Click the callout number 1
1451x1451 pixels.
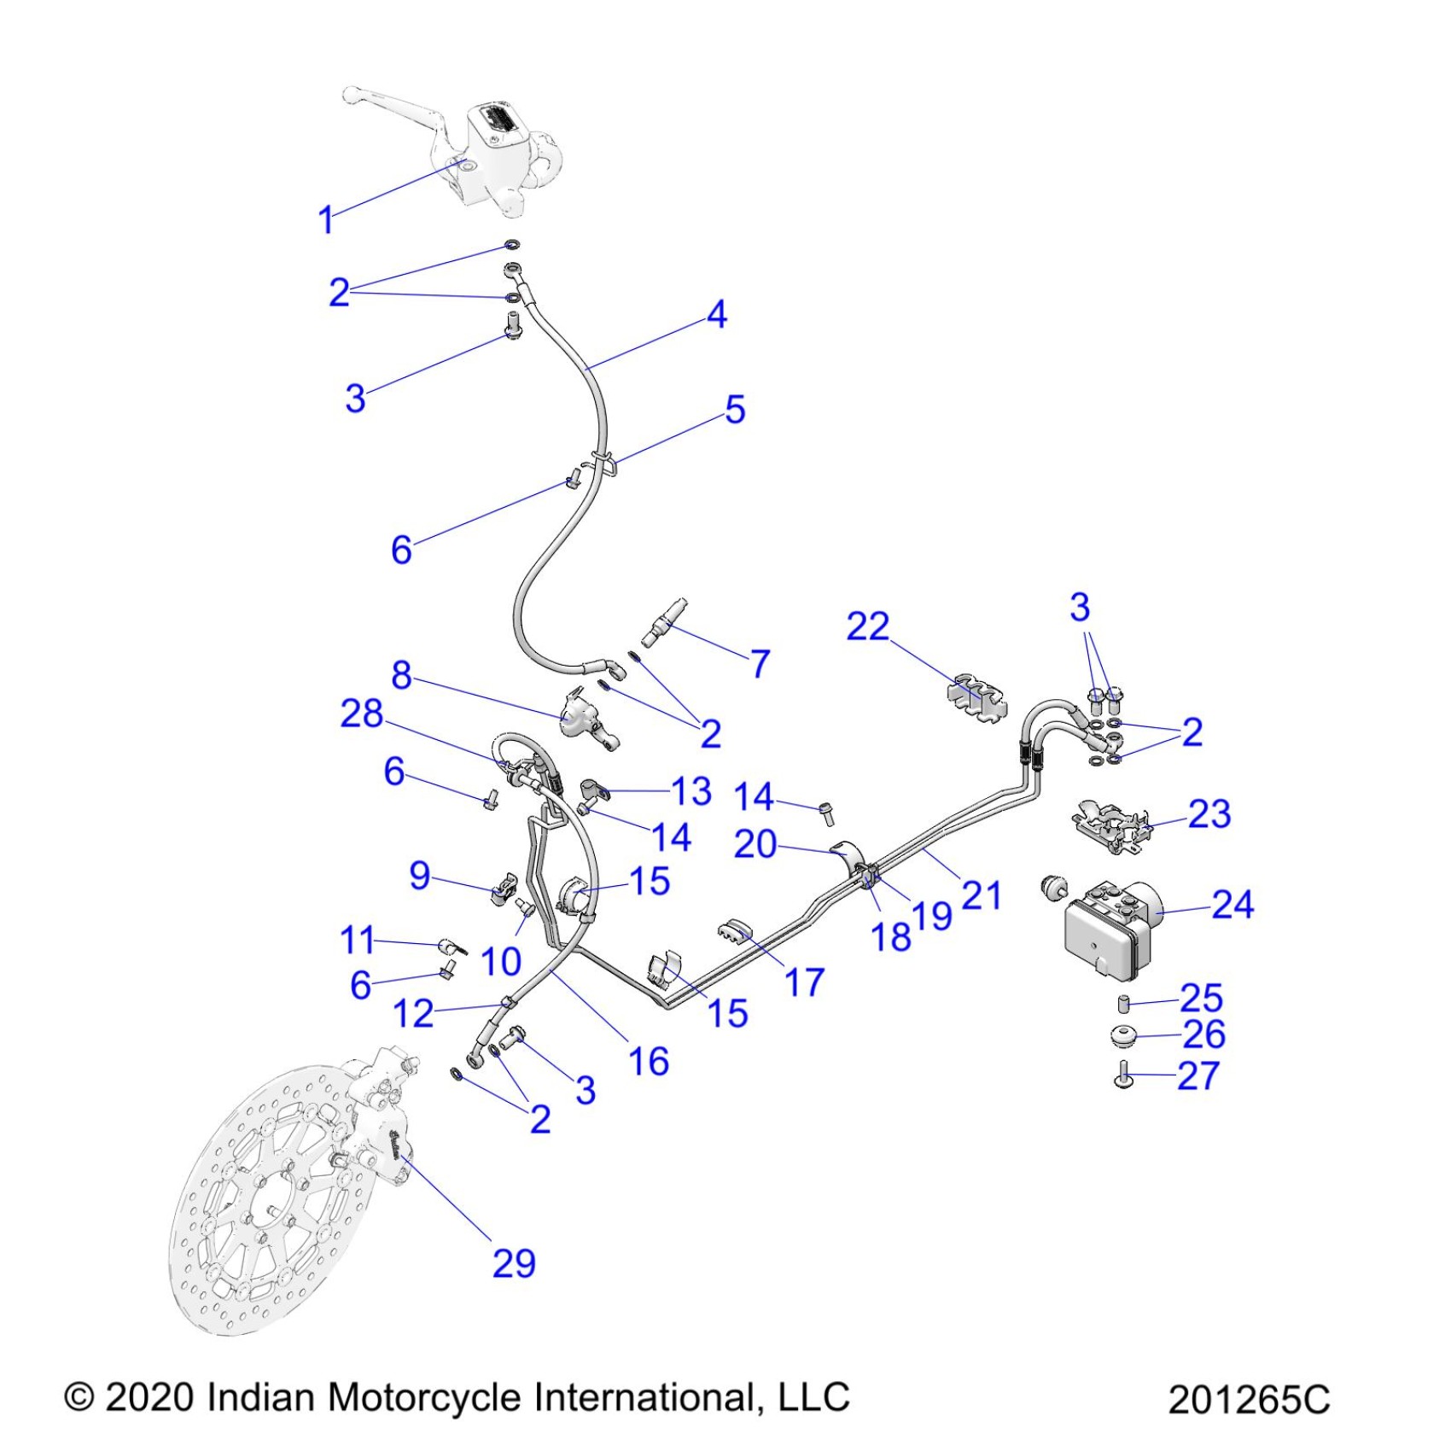click(x=325, y=220)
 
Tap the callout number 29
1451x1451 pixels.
click(x=514, y=1263)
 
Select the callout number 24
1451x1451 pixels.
click(x=1232, y=905)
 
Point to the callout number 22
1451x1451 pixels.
click(x=867, y=626)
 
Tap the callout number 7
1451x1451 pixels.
click(x=760, y=663)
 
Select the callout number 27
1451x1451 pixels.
click(x=1198, y=1075)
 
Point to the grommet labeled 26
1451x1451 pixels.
click(x=1123, y=1036)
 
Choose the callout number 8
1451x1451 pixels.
click(x=402, y=675)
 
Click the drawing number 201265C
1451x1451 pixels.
click(x=1248, y=1401)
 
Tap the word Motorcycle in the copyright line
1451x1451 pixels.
click(x=424, y=1397)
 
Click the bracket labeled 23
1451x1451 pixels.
click(x=1110, y=824)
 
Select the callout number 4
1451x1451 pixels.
click(x=717, y=314)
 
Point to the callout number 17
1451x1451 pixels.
click(x=804, y=982)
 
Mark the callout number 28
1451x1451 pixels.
click(x=362, y=714)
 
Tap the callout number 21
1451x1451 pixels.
click(x=981, y=895)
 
